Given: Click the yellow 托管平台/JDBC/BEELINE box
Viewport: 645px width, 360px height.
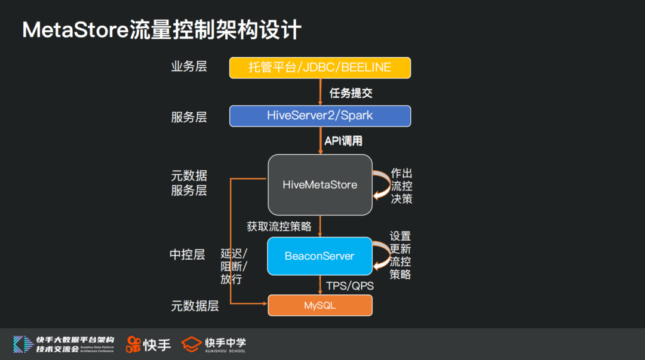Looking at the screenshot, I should pyautogui.click(x=320, y=67).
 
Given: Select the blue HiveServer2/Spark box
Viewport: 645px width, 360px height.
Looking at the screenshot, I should pyautogui.click(x=320, y=116).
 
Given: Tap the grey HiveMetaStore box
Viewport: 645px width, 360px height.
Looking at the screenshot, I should pyautogui.click(x=320, y=184).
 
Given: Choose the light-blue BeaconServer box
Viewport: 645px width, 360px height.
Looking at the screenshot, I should pyautogui.click(x=320, y=256).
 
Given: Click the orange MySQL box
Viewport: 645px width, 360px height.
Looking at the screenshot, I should pyautogui.click(x=320, y=305).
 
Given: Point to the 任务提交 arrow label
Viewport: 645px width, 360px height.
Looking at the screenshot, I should pyautogui.click(x=351, y=93).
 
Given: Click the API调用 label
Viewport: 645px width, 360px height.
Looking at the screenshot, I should pyautogui.click(x=343, y=141).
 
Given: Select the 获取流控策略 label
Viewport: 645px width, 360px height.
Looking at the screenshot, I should pyautogui.click(x=279, y=226).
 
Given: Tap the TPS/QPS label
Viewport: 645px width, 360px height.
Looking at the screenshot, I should pyautogui.click(x=350, y=286).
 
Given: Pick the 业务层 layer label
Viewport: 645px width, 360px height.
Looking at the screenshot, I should pyautogui.click(x=189, y=66).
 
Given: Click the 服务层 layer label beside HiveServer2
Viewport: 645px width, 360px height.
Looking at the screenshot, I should pyautogui.click(x=189, y=117).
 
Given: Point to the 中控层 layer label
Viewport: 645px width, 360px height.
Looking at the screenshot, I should pyautogui.click(x=188, y=255).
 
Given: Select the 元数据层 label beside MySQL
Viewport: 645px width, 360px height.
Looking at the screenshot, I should pyautogui.click(x=195, y=306).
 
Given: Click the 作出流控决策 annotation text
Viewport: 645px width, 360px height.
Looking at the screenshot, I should pyautogui.click(x=401, y=186).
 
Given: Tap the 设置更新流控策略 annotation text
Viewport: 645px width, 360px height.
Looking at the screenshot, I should pyautogui.click(x=400, y=256).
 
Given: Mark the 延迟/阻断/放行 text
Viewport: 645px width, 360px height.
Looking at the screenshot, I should pyautogui.click(x=234, y=266).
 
